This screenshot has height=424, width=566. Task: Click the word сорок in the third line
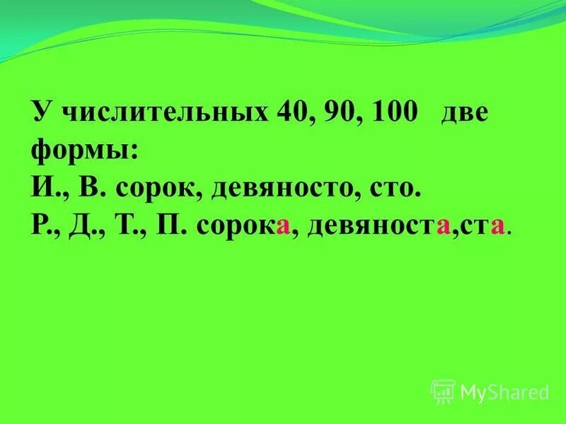point(155,189)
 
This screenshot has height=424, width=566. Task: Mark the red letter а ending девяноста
point(444,227)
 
